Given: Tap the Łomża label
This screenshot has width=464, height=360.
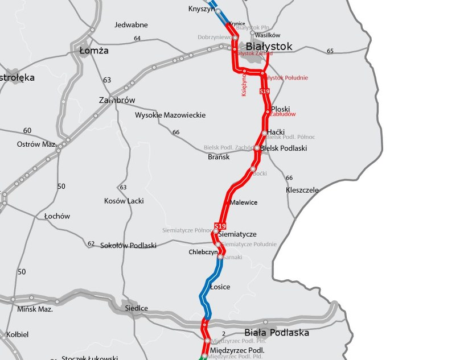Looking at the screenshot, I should (x=94, y=51).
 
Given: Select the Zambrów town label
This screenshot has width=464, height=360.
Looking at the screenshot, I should (x=117, y=100).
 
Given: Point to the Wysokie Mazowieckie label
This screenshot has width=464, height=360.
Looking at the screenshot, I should (x=170, y=115).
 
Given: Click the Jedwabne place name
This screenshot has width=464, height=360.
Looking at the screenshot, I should (x=131, y=25).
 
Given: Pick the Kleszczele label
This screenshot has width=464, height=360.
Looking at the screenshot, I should (x=302, y=190).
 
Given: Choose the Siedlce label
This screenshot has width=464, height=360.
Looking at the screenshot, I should (x=136, y=308).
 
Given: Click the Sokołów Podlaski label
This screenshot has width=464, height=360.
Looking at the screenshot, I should (x=128, y=246).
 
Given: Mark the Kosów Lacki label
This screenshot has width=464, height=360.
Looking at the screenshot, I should (x=124, y=201).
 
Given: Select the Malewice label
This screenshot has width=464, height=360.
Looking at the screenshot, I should (x=244, y=202).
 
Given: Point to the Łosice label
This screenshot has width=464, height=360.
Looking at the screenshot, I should (x=220, y=287).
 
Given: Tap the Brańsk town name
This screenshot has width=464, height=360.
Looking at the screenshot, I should (x=219, y=157).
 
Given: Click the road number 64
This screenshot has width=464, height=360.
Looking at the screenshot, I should (x=137, y=38).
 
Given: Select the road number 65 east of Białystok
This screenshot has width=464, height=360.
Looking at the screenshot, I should (x=330, y=51).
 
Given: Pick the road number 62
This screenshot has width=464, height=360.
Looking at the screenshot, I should (x=91, y=243).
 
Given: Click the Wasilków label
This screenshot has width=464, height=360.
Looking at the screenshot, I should (x=268, y=35).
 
